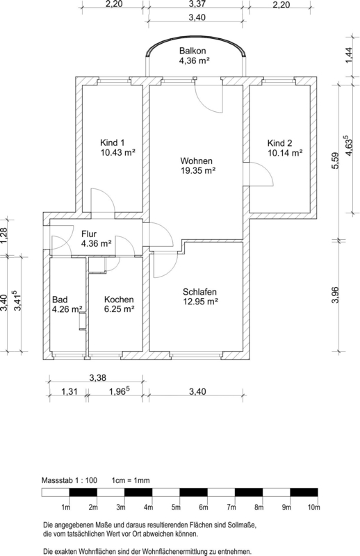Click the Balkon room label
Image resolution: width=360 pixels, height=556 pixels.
[x=193, y=51]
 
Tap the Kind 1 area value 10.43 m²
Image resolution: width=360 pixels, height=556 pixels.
[x=118, y=152]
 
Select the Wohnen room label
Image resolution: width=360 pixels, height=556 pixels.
[x=196, y=161]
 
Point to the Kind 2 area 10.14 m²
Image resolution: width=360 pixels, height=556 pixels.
[x=285, y=153]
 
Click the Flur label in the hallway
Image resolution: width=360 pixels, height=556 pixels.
[x=89, y=234]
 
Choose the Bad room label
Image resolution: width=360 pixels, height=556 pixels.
[x=60, y=300]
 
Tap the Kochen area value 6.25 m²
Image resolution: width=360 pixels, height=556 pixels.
[x=119, y=309]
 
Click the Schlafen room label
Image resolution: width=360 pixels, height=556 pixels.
[x=199, y=292]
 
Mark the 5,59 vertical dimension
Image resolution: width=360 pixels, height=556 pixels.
[x=335, y=161]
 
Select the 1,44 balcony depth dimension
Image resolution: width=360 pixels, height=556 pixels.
[x=350, y=56]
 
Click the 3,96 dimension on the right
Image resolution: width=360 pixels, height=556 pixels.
[x=335, y=295]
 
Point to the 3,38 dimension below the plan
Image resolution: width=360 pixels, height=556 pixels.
[x=97, y=377]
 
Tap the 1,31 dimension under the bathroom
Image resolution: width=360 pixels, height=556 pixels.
[x=69, y=391]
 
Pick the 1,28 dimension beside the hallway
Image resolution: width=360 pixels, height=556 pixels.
[x=3, y=236]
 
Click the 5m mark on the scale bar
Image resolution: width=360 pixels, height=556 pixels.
[x=176, y=507]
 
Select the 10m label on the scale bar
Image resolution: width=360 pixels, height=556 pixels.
[x=314, y=507]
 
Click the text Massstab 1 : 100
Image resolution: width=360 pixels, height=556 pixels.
[x=69, y=480]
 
